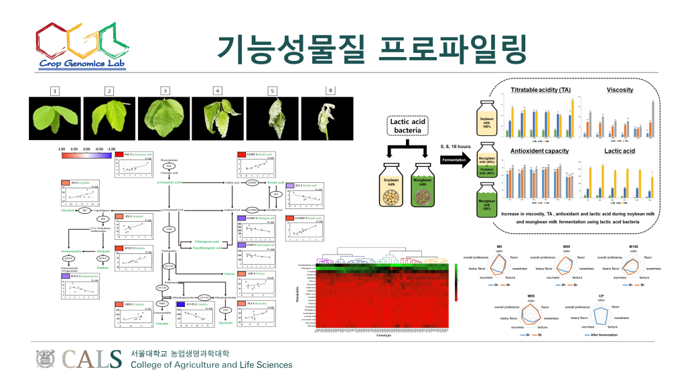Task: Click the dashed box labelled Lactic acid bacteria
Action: click(408, 125)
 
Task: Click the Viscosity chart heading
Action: click(620, 90)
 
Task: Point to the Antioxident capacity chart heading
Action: click(540, 151)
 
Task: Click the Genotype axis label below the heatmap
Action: click(385, 336)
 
